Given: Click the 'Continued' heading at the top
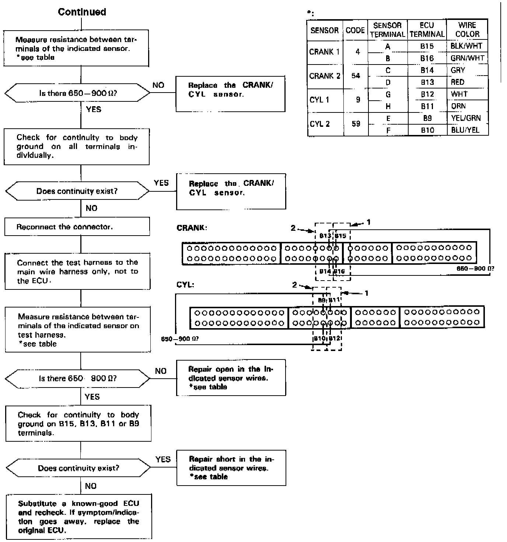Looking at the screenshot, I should pyautogui.click(x=82, y=12).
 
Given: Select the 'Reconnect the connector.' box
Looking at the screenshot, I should pyautogui.click(x=77, y=226).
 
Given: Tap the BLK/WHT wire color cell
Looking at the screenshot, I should pyautogui.click(x=466, y=46).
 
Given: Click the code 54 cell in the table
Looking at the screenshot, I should pyautogui.click(x=356, y=76).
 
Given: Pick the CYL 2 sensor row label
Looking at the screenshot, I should pyautogui.click(x=319, y=124).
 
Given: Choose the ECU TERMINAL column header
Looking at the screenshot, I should pyautogui.click(x=427, y=30).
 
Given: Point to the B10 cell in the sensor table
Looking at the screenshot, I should pyautogui.click(x=427, y=130).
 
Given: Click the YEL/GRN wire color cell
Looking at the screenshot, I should pyautogui.click(x=466, y=118).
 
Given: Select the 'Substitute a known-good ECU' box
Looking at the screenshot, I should pyautogui.click(x=79, y=517).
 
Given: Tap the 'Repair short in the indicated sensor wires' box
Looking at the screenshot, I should pyautogui.click(x=231, y=468).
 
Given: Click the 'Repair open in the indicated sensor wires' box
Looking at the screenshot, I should pyautogui.click(x=231, y=378).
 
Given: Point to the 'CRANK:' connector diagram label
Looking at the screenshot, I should pyautogui.click(x=192, y=228).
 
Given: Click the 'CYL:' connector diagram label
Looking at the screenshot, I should pyautogui.click(x=185, y=285).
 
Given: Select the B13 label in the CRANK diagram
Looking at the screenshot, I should pyautogui.click(x=325, y=236).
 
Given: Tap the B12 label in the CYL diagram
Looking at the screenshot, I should pyautogui.click(x=334, y=338).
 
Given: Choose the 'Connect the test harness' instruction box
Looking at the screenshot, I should pyautogui.click(x=77, y=271).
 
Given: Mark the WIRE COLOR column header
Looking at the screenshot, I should pyautogui.click(x=467, y=30).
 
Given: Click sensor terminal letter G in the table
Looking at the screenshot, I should pyautogui.click(x=388, y=94).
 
